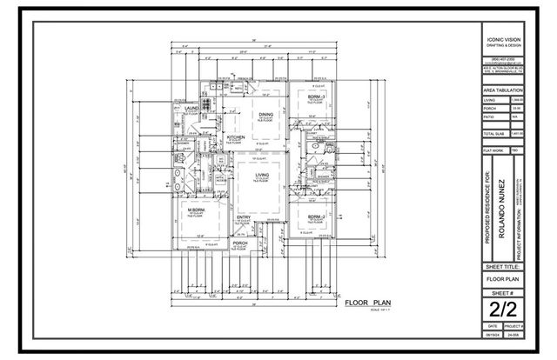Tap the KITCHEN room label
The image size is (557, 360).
236,137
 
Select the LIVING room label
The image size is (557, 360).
262,175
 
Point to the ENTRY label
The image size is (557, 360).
245,219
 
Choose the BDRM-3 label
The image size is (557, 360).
303,96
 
